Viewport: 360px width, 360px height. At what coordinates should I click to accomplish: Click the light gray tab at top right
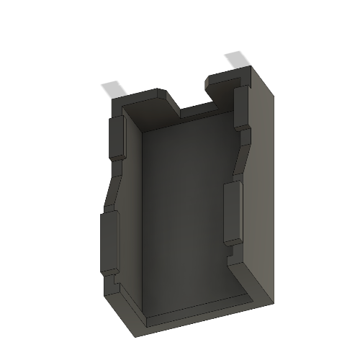click(237, 60)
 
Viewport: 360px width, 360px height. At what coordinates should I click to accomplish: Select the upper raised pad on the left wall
click(115, 137)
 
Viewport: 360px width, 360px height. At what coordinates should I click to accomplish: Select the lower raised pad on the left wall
click(107, 241)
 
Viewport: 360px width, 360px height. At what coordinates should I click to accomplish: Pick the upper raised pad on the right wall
click(240, 108)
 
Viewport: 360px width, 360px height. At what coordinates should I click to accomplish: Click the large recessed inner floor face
click(187, 216)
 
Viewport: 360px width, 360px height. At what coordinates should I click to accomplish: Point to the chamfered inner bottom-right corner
click(248, 284)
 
